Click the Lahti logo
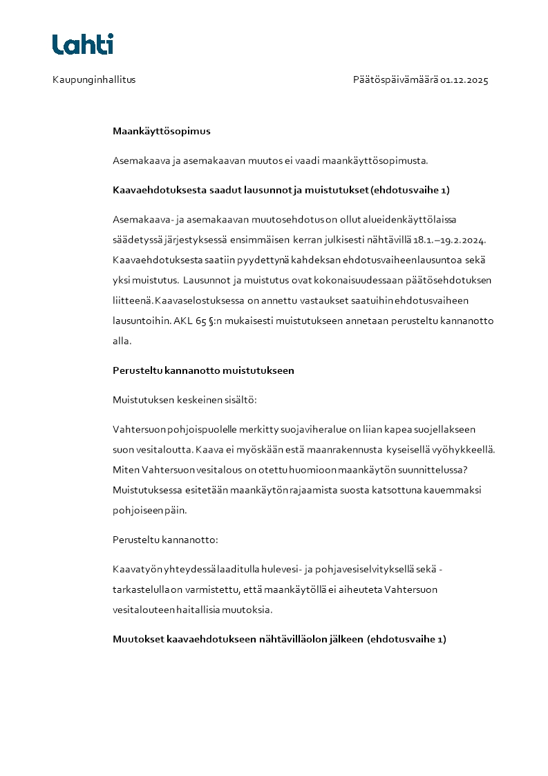83,44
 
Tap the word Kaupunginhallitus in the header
94,79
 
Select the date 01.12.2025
464,79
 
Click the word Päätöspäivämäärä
395,79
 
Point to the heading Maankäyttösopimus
162,131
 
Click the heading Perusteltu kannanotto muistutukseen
203,370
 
